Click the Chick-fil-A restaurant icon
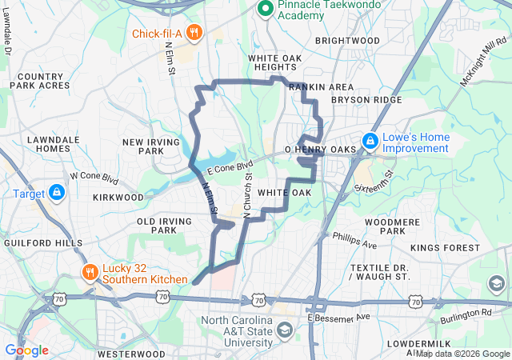coord(194,33)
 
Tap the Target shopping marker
coord(57,193)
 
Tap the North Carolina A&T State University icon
coord(285,330)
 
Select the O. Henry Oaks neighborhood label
coord(319,150)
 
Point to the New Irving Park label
coord(145,146)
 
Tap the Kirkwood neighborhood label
coord(118,197)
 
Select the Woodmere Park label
coord(386,226)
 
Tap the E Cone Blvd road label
coord(229,166)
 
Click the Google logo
coord(26,350)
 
